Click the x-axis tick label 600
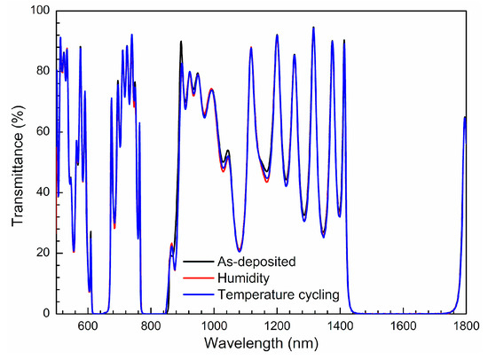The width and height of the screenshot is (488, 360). [88, 325]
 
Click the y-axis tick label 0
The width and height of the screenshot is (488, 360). [46, 313]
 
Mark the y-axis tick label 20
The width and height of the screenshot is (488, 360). [43, 253]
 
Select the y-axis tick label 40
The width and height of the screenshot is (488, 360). [43, 192]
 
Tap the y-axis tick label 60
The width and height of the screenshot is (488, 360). [43, 132]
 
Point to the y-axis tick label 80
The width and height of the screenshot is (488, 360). [43, 72]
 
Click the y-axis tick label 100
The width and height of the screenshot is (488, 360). [40, 12]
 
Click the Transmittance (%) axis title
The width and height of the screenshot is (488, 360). [16, 162]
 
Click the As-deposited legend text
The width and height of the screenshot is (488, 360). [245, 262]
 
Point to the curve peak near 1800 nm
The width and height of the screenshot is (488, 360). [465, 117]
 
